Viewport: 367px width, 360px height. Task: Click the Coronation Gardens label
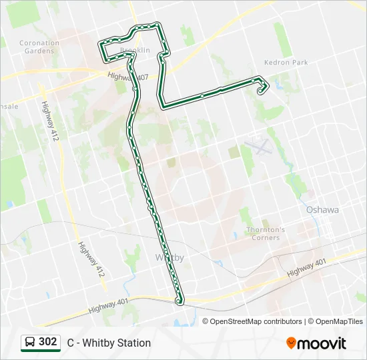tap(39, 47)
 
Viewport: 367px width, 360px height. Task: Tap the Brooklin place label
tap(135, 50)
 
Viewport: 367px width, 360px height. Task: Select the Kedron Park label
tap(286, 63)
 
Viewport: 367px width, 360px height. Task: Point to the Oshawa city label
tap(322, 209)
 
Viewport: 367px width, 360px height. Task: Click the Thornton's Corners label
tap(266, 233)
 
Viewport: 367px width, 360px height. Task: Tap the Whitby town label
tap(169, 257)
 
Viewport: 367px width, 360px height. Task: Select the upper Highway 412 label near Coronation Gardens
tap(47, 121)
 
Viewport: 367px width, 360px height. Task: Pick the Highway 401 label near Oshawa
tap(307, 269)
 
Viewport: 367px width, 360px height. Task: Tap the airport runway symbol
tap(258, 145)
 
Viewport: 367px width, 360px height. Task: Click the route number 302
tap(47, 342)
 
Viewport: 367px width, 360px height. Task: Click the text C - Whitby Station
tap(109, 343)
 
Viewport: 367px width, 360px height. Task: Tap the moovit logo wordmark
tap(322, 343)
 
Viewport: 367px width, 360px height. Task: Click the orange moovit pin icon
tap(291, 343)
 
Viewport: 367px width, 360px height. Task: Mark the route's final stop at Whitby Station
tap(179, 301)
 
